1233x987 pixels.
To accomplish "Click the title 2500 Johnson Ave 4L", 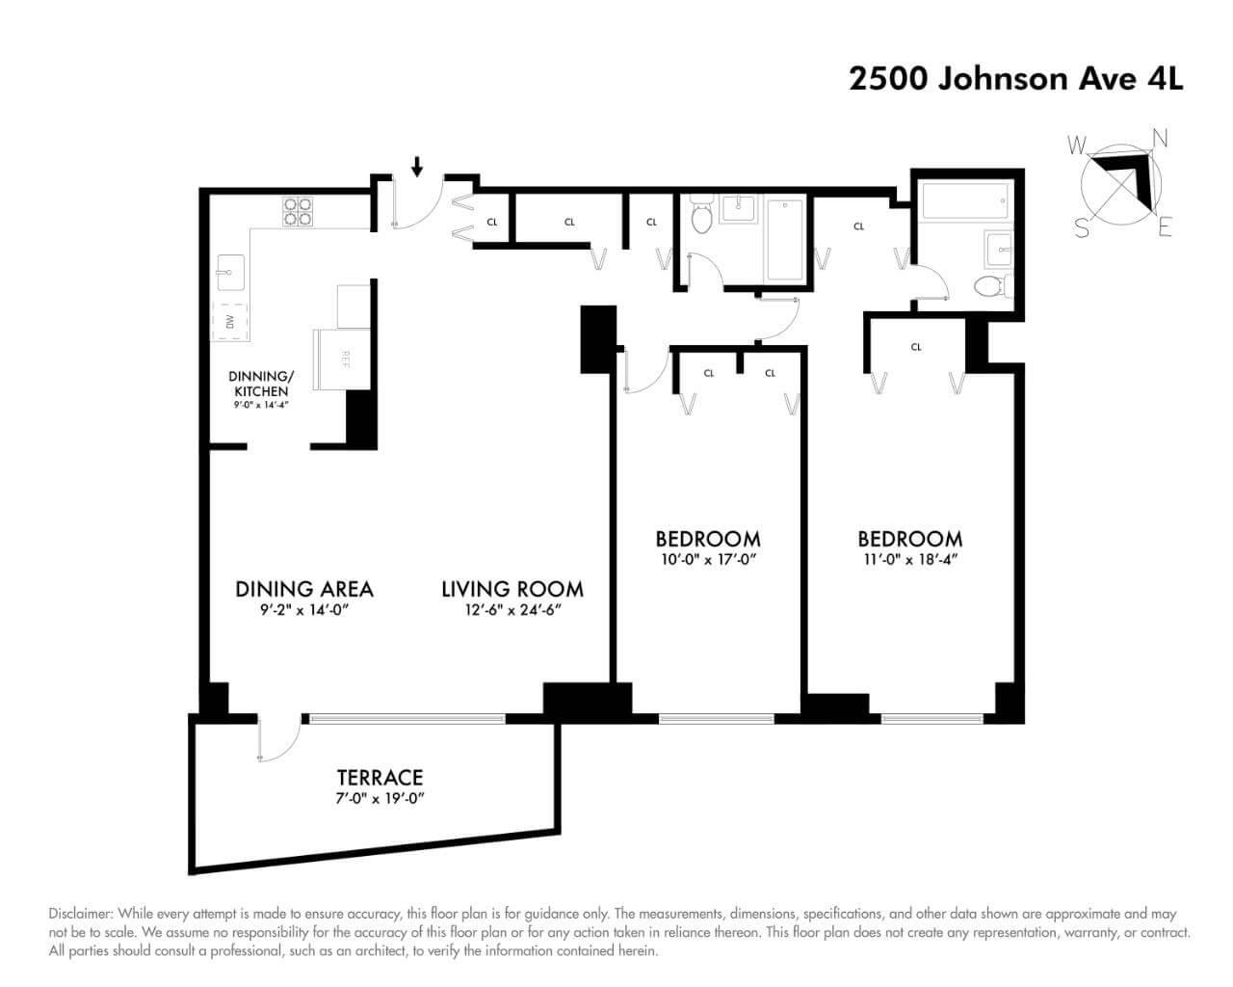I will point(1015,78).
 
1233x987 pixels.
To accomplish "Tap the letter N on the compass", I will point(1160,138).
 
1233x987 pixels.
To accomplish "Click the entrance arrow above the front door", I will point(416,168).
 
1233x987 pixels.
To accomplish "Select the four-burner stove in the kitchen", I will point(298,211).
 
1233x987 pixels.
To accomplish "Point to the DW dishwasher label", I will point(230,322).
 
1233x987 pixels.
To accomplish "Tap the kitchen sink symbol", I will point(231,273).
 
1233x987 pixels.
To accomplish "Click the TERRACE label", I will point(380,777).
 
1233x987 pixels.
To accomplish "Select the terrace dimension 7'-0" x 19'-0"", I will point(380,798).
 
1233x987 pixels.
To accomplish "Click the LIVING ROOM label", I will point(512,588).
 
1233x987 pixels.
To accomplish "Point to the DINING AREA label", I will point(304,588).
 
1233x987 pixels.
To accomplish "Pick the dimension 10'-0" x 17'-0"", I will point(708,558).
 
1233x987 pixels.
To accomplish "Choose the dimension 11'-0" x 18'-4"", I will point(909,558).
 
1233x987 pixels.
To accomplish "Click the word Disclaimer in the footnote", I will point(80,914).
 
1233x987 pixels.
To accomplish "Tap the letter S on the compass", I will point(1082,229).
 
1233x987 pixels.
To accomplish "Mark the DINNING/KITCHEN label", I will point(258,384).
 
